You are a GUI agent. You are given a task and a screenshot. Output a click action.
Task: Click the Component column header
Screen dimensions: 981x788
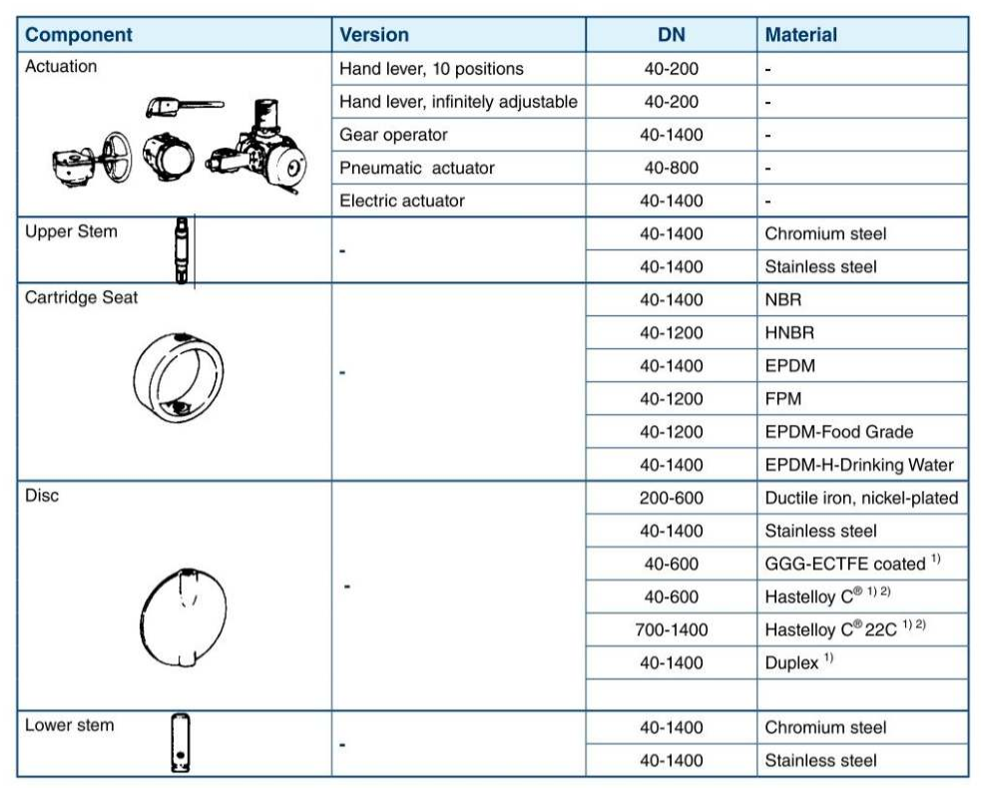pyautogui.click(x=79, y=34)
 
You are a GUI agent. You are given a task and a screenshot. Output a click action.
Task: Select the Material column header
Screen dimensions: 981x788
pyautogui.click(x=800, y=34)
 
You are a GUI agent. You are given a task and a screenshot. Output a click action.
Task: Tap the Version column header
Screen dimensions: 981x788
pyautogui.click(x=374, y=34)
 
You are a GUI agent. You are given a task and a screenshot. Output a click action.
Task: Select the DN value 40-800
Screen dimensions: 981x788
pyautogui.click(x=672, y=168)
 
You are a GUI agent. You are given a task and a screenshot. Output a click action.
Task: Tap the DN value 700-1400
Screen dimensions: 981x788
pyautogui.click(x=672, y=629)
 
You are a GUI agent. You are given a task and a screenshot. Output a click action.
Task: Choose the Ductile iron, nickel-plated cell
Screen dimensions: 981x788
pyautogui.click(x=861, y=498)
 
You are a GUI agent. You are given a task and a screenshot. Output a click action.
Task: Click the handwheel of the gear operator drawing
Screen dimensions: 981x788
pyautogui.click(x=117, y=157)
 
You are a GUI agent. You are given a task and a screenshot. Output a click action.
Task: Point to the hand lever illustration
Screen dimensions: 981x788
pyautogui.click(x=185, y=107)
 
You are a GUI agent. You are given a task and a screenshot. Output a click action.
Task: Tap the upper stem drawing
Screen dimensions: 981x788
pyautogui.click(x=182, y=250)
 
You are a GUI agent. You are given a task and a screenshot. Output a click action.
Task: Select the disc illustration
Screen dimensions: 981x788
pyautogui.click(x=183, y=617)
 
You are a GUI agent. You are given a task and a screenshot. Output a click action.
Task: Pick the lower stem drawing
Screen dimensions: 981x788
pyautogui.click(x=181, y=743)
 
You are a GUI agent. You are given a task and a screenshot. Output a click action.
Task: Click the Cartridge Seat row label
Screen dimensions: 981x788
pyautogui.click(x=81, y=297)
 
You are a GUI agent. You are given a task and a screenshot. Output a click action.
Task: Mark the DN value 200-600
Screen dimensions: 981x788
pyautogui.click(x=672, y=498)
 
